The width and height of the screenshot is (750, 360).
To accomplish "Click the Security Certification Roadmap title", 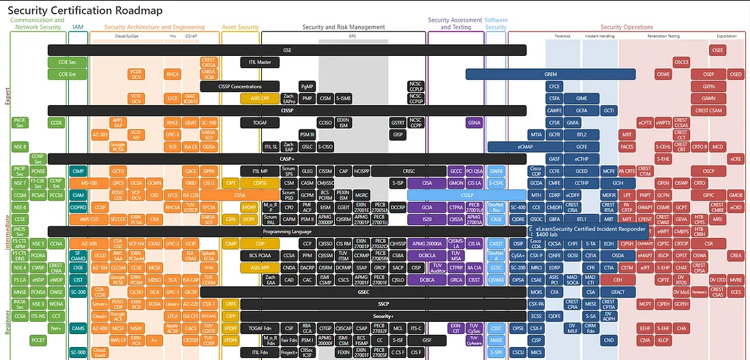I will click(x=96, y=10).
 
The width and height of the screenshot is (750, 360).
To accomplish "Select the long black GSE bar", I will click(x=286, y=50).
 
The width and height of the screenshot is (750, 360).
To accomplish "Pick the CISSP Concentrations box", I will click(x=240, y=87).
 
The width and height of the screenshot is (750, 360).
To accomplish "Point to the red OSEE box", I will click(x=717, y=50).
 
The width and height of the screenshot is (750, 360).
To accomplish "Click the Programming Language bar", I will click(x=286, y=231).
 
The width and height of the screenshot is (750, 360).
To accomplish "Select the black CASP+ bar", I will click(x=286, y=159).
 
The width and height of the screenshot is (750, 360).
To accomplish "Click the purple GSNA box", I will click(x=475, y=123).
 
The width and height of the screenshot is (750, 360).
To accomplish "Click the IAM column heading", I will click(x=78, y=27).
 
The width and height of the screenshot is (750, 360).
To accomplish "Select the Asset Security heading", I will click(x=240, y=27).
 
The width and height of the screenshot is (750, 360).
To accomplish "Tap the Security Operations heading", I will click(x=627, y=27).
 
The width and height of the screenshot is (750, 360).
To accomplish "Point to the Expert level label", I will click(x=7, y=95).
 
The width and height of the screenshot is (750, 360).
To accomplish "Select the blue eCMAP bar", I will click(x=525, y=147).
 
